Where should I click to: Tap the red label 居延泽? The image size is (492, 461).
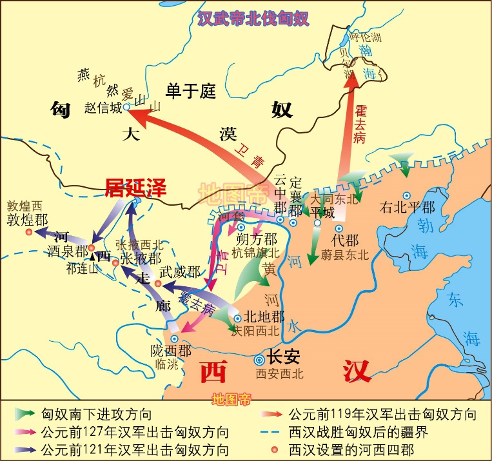(136, 188)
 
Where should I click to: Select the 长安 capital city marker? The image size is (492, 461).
(260, 360)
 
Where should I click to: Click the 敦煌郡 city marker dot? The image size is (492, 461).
(29, 231)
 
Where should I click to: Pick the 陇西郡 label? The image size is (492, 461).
(171, 351)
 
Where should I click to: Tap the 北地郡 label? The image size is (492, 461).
(263, 318)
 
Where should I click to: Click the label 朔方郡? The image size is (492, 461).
(257, 239)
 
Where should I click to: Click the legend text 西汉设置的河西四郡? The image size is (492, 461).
(351, 449)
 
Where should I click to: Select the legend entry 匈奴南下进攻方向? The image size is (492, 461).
(97, 414)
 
